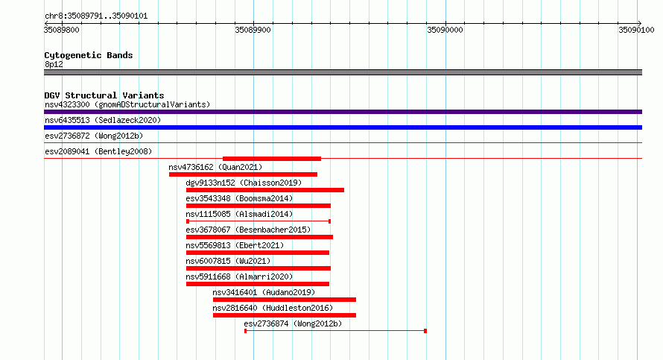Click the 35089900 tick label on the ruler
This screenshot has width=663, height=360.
253,30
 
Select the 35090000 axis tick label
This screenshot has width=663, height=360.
445,30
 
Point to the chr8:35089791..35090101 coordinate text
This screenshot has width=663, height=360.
96,16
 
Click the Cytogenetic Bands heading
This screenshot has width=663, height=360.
89,55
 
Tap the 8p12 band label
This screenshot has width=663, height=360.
54,64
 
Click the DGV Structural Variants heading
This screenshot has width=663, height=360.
104,95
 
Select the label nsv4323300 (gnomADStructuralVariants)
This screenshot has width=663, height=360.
127,104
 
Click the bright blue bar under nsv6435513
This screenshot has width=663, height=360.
343,127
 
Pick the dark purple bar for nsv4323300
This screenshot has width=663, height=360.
343,112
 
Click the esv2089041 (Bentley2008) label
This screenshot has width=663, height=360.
98,151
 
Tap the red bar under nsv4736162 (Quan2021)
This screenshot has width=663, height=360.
243,174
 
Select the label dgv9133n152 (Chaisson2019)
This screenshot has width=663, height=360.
244,183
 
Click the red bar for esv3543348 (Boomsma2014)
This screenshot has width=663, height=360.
258,206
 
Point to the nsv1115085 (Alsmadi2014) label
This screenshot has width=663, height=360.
239,214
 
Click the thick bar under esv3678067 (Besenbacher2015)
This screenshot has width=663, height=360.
260,237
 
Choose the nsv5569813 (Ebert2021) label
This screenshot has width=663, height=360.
235,245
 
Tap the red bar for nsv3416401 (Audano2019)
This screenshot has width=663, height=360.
285,300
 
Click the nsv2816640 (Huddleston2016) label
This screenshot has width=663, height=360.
273,308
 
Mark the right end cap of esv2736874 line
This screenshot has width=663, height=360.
425,331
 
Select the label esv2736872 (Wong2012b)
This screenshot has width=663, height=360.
94,136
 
